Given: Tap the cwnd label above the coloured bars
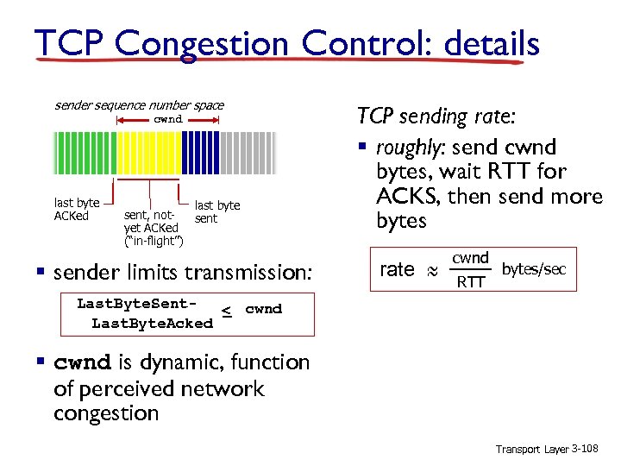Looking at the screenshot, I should [168, 119].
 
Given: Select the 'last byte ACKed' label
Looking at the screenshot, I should [77, 210].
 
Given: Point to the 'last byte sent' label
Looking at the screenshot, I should [217, 212].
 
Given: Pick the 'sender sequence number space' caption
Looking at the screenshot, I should [139, 105].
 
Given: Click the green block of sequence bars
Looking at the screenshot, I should [85, 153].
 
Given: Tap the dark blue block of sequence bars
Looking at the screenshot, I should [204, 153].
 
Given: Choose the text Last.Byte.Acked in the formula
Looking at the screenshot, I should [152, 323].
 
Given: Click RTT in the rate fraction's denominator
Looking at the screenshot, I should [471, 280].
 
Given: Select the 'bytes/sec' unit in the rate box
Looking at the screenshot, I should [534, 269].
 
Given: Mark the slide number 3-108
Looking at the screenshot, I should [590, 450].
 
